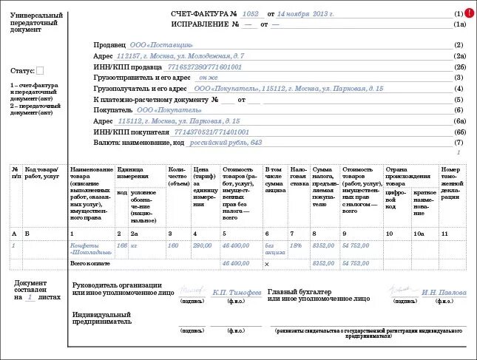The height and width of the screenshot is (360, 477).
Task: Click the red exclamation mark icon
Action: (x=470, y=13)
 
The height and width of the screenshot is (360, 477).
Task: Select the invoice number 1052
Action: (x=251, y=14)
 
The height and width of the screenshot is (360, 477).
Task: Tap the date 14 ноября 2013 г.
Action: (x=305, y=14)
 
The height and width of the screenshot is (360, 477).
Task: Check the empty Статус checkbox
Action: (x=40, y=71)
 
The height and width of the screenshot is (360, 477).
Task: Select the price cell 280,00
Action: (x=202, y=245)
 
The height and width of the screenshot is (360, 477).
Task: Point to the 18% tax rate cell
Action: (x=297, y=245)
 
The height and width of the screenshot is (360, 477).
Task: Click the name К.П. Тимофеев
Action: (x=237, y=293)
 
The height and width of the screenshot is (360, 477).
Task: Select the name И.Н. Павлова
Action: (x=444, y=293)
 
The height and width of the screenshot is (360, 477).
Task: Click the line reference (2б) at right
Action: (x=459, y=67)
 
